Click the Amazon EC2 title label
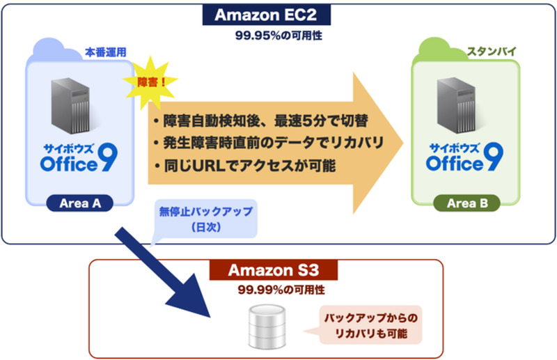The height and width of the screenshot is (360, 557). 277,14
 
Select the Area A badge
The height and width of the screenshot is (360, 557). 78,203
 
